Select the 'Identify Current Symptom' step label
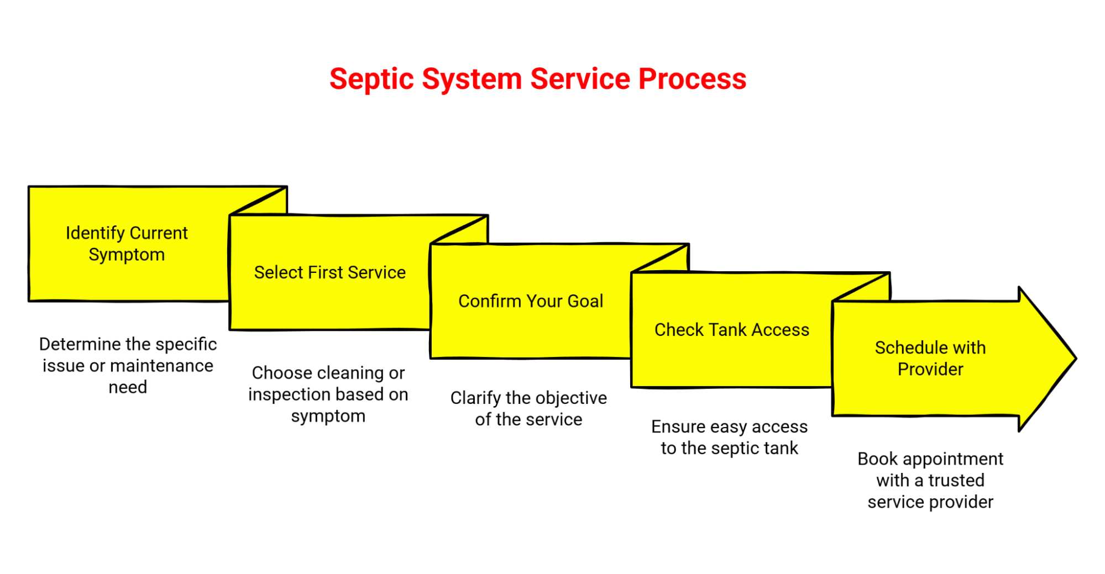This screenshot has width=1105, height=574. (x=127, y=244)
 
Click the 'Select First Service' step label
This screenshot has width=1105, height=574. (x=329, y=272)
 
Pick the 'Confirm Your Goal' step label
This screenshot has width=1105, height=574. (x=530, y=301)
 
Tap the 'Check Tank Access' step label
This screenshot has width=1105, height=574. (x=731, y=330)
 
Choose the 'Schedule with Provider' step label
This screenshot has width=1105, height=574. (x=930, y=358)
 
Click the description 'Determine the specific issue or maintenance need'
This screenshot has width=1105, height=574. (x=128, y=365)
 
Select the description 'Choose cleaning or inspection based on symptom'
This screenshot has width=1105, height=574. (x=328, y=394)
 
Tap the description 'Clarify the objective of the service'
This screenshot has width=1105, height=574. (x=528, y=408)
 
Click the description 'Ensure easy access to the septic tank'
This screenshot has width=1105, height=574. (x=729, y=437)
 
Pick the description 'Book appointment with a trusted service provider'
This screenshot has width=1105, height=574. (x=930, y=480)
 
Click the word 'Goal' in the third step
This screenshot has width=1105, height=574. (x=585, y=301)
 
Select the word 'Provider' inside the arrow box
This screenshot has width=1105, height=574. (x=930, y=369)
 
